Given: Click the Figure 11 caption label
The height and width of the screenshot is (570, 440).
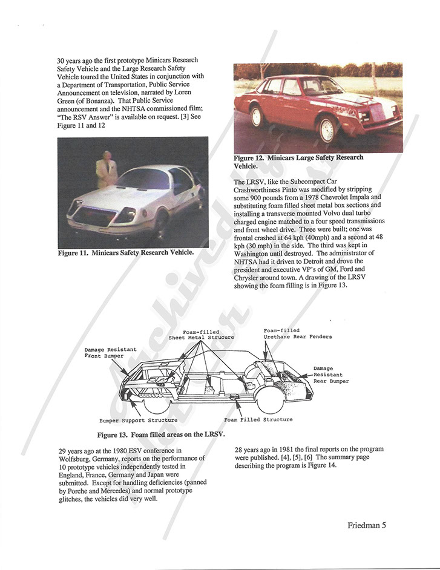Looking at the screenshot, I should pyautogui.click(x=126, y=252).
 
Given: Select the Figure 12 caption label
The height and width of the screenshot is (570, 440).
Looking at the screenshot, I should pyautogui.click(x=298, y=161).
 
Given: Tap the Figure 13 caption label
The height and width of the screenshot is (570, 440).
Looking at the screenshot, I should pyautogui.click(x=161, y=434).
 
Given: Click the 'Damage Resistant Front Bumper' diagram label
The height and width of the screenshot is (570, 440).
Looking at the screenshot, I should pyautogui.click(x=111, y=353).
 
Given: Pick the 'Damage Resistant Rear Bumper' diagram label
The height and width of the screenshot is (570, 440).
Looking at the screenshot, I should pyautogui.click(x=330, y=375).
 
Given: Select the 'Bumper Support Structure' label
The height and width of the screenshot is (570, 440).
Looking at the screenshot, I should pyautogui.click(x=139, y=420).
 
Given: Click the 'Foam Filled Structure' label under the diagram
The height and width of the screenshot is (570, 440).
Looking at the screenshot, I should pyautogui.click(x=258, y=419).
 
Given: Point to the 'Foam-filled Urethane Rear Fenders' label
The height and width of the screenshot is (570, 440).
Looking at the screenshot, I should pyautogui.click(x=297, y=333).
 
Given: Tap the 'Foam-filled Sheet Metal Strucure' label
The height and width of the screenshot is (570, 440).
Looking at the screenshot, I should pyautogui.click(x=201, y=334).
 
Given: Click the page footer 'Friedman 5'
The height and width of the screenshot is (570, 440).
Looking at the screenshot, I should pyautogui.click(x=367, y=525).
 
